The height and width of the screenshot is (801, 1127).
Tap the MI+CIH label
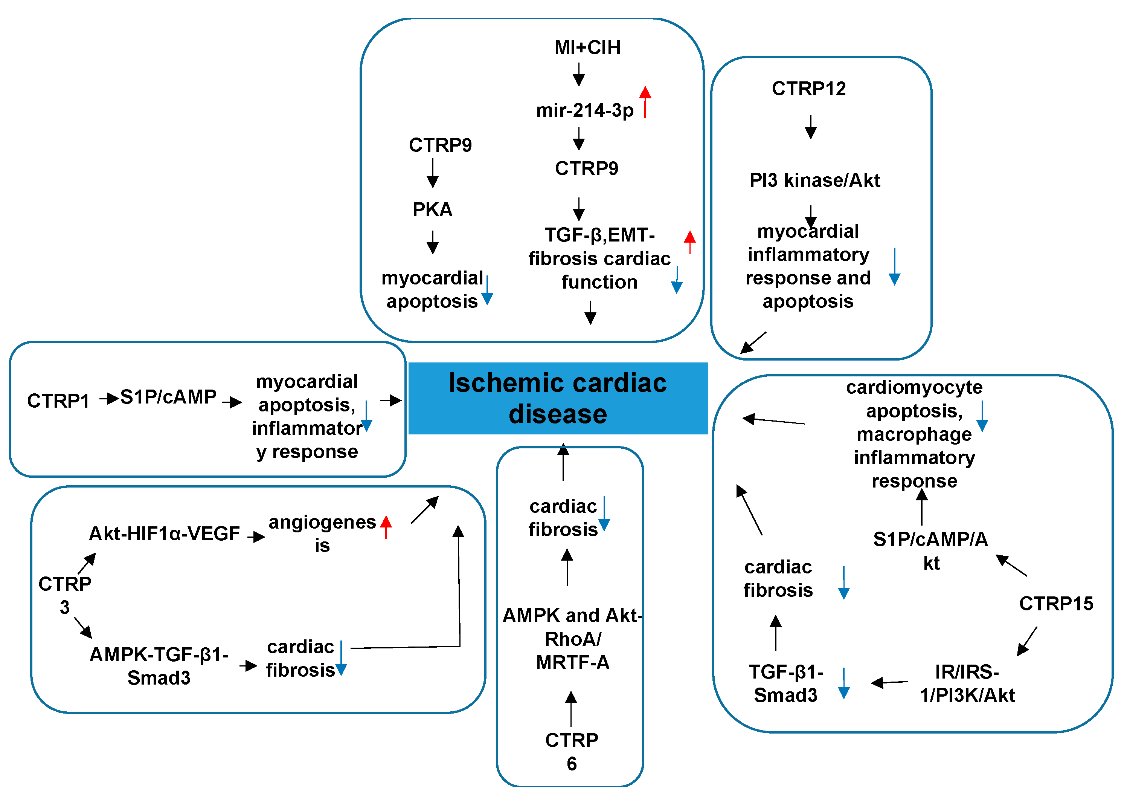pyautogui.click(x=587, y=48)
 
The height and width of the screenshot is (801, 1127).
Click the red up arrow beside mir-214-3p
pyautogui.click(x=645, y=102)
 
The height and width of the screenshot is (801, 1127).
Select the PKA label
pyautogui.click(x=432, y=209)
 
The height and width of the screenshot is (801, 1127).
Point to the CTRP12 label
pyautogui.click(x=808, y=89)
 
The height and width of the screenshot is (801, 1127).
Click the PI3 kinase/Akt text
pyautogui.click(x=814, y=180)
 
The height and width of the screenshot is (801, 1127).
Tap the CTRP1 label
pyautogui.click(x=58, y=401)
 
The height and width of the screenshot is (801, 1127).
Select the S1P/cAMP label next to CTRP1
pyautogui.click(x=168, y=397)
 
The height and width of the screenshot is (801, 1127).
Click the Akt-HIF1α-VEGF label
pyautogui.click(x=164, y=533)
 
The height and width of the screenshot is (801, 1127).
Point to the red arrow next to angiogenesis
pyautogui.click(x=386, y=527)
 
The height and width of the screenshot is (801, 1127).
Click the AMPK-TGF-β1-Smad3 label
pyautogui.click(x=159, y=666)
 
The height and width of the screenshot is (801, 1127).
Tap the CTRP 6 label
pyautogui.click(x=571, y=752)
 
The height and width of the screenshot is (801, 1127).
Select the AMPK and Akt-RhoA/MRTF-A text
pyautogui.click(x=572, y=639)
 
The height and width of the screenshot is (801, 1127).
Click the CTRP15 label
pyautogui.click(x=1056, y=604)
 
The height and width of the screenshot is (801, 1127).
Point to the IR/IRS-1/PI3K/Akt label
pyautogui.click(x=967, y=683)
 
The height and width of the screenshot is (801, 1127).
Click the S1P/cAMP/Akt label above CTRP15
pyautogui.click(x=930, y=550)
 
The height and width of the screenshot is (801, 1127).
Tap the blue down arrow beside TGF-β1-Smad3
pyautogui.click(x=843, y=683)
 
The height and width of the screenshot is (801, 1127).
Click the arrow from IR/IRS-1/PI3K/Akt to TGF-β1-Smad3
pyautogui.click(x=889, y=683)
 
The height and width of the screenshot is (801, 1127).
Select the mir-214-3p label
pyautogui.click(x=585, y=110)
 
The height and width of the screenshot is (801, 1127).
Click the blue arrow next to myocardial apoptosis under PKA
pyautogui.click(x=487, y=290)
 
